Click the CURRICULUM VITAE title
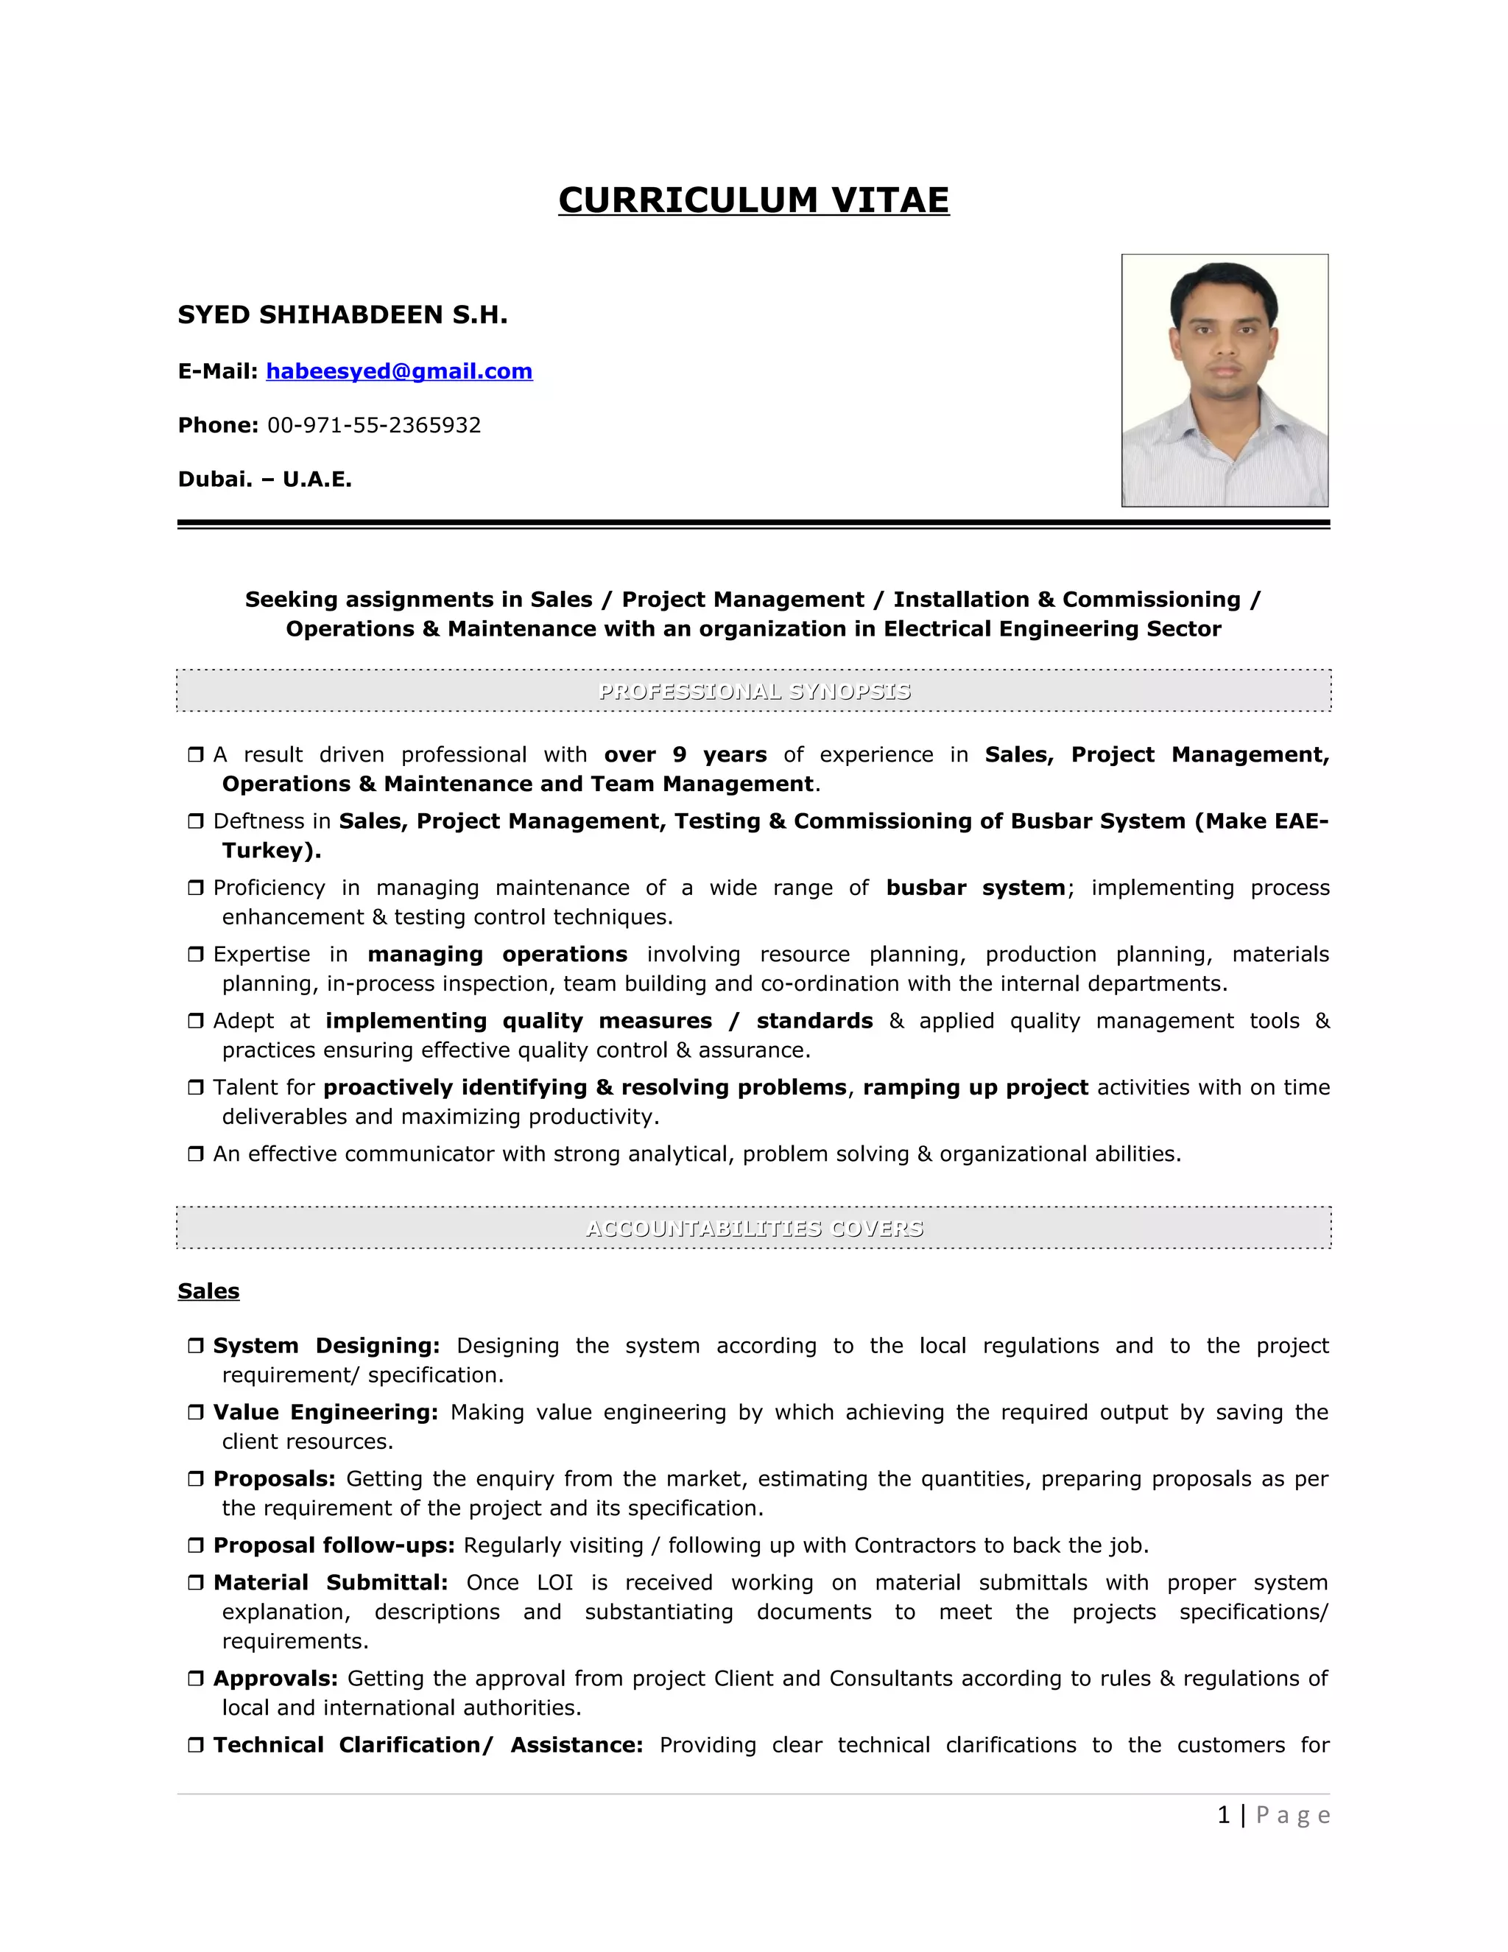click(x=753, y=200)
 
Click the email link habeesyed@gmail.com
click(x=398, y=371)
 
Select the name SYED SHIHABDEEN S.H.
click(x=342, y=315)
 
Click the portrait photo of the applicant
click(x=1224, y=380)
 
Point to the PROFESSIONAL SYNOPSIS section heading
click(x=753, y=691)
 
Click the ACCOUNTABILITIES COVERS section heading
click(x=753, y=1228)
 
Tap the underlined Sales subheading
click(x=208, y=1291)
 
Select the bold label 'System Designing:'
click(x=326, y=1345)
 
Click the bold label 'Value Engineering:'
click(x=325, y=1412)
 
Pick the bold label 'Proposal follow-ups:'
click(x=334, y=1545)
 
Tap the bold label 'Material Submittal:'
click(x=331, y=1583)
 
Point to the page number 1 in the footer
click(x=1223, y=1815)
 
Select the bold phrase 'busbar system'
click(x=975, y=888)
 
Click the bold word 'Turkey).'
click(x=272, y=850)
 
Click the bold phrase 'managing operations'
click(x=497, y=955)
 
